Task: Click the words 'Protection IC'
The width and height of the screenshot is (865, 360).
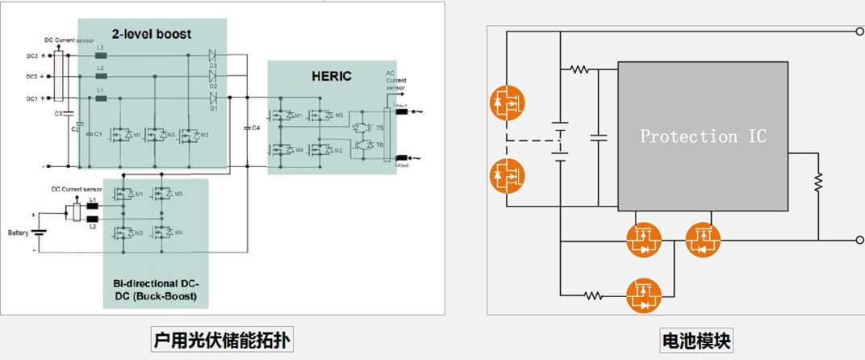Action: coord(703,136)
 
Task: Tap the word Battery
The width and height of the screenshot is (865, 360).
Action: coord(19,232)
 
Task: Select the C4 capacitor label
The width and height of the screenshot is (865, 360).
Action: coord(256,128)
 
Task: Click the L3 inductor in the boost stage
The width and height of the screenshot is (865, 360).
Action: coord(101,57)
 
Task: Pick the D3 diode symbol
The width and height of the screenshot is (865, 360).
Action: coord(213,57)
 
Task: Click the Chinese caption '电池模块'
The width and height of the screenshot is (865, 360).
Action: coord(695,341)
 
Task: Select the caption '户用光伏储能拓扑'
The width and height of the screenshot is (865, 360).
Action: coord(220,341)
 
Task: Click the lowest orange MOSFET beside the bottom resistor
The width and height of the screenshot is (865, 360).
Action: coord(644,295)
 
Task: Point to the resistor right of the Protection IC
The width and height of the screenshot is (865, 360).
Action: coord(817,182)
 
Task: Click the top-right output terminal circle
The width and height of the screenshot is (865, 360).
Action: coord(858,32)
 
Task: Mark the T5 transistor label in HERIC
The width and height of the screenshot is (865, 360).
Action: coord(380,127)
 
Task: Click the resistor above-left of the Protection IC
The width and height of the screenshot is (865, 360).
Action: coord(579,69)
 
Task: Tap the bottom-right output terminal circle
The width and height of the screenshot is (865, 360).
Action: coord(858,240)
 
